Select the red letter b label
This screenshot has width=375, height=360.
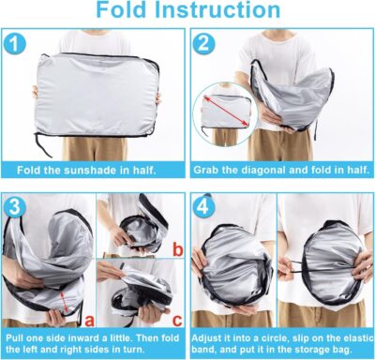point(177,249)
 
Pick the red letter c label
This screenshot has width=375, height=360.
point(177,314)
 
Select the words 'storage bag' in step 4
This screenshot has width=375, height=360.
point(322,348)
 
